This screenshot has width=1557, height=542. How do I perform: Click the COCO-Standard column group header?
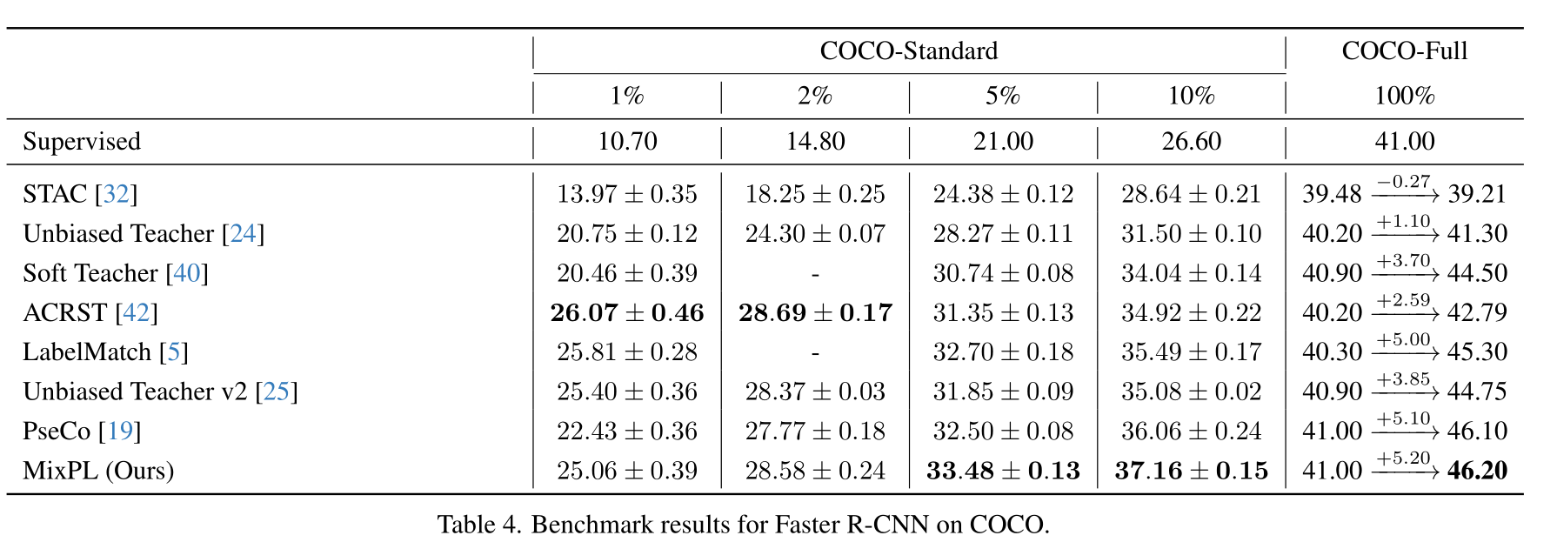click(x=908, y=51)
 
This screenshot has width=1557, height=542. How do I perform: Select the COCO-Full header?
click(x=1404, y=51)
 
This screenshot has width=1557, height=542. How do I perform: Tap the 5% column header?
click(x=1002, y=96)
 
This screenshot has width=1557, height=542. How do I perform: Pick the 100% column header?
click(x=1404, y=96)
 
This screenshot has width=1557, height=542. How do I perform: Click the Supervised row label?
click(x=82, y=142)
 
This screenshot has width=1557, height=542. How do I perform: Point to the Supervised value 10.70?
click(x=627, y=142)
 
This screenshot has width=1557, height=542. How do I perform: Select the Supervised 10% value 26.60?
click(x=1191, y=142)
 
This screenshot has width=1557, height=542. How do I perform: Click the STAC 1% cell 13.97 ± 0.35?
click(x=627, y=194)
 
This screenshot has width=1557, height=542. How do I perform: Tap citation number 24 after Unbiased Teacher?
click(x=243, y=234)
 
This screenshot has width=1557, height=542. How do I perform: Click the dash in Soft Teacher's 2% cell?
click(x=815, y=273)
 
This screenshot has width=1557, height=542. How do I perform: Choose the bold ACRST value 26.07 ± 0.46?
click(x=627, y=313)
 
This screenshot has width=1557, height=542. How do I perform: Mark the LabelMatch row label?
click(x=87, y=352)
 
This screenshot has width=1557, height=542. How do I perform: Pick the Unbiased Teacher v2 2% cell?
click(x=815, y=391)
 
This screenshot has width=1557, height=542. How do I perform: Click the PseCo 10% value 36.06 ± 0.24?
click(x=1191, y=432)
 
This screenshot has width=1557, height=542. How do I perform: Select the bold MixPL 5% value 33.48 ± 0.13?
click(x=1003, y=471)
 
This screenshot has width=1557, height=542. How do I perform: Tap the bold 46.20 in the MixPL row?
click(x=1477, y=471)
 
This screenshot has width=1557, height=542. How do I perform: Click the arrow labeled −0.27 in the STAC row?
click(x=1404, y=193)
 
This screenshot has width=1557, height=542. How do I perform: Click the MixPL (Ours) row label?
click(x=98, y=471)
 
